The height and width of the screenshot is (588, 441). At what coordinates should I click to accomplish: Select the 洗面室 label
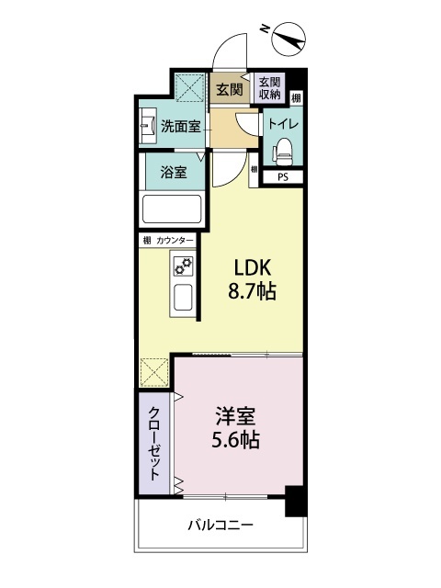(181, 127)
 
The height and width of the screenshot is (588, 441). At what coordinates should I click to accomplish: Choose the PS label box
(283, 178)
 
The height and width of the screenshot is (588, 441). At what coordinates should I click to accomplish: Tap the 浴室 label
(172, 171)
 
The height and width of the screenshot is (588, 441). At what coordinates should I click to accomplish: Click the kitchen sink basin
(182, 300)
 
